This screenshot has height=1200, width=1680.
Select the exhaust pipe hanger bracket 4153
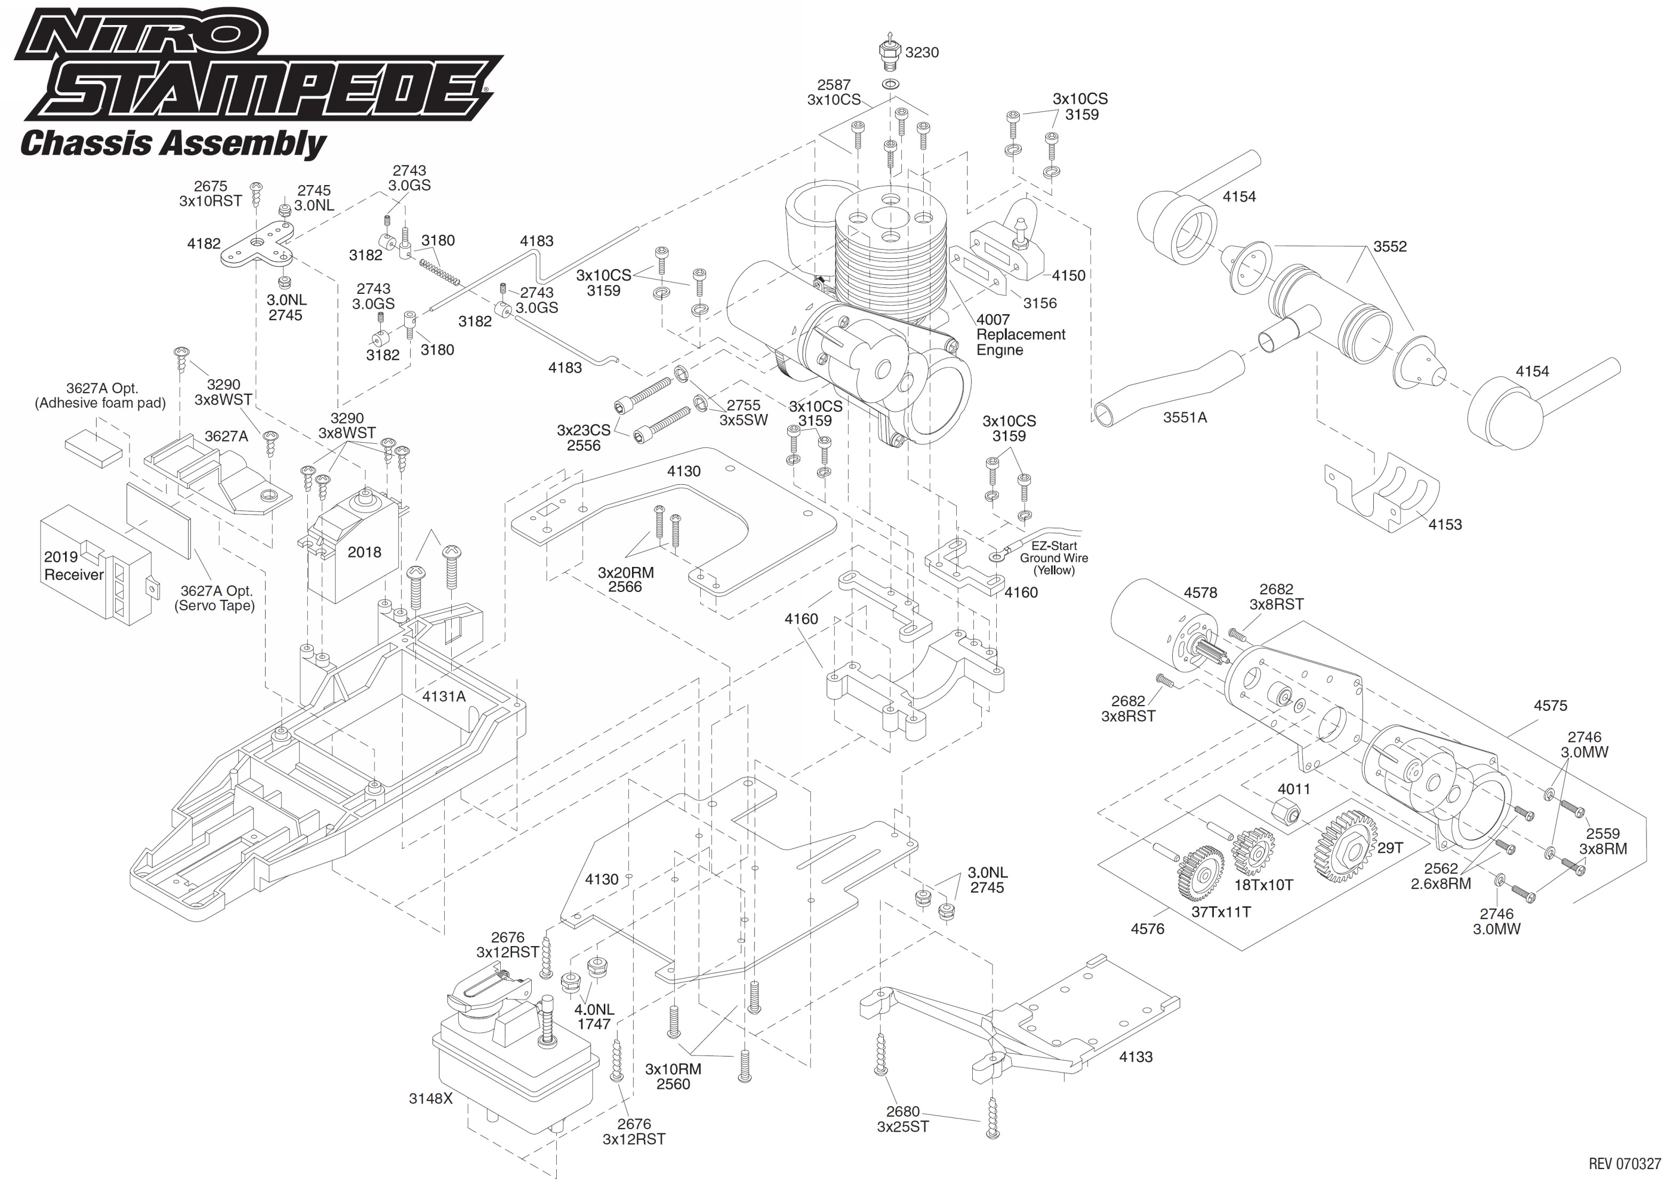[x=1381, y=491]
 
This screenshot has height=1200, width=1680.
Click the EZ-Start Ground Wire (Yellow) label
[x=1053, y=558]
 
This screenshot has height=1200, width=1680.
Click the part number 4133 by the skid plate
[x=1135, y=1057]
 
